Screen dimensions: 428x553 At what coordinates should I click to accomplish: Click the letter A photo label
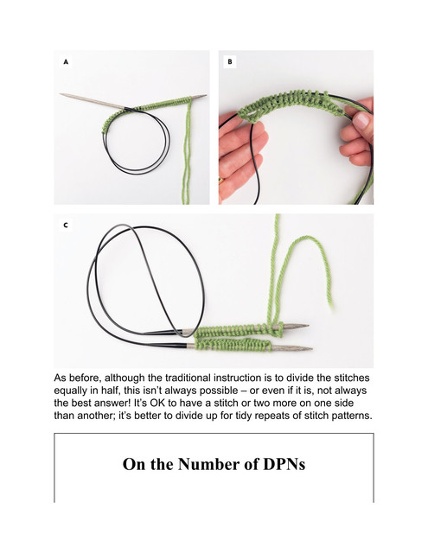[x=66, y=62]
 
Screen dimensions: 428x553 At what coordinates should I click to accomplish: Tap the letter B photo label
[x=230, y=62]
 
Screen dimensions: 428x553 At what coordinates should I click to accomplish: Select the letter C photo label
[x=66, y=225]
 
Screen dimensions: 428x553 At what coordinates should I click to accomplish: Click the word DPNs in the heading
[x=284, y=464]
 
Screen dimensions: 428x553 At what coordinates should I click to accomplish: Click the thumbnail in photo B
[x=361, y=120]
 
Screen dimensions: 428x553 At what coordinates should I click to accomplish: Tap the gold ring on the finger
[x=220, y=181]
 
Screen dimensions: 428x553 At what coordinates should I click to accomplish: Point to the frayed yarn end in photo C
[x=331, y=306]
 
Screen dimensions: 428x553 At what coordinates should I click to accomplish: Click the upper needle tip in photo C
[x=309, y=326]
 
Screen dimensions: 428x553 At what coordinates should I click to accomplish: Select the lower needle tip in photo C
[x=311, y=349]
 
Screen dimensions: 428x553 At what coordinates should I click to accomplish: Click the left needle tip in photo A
[x=61, y=94]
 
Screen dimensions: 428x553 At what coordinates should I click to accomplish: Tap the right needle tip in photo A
[x=206, y=95]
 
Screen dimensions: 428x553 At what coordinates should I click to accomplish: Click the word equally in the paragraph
[x=70, y=391]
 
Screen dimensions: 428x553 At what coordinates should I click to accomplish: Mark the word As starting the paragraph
[x=60, y=378]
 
